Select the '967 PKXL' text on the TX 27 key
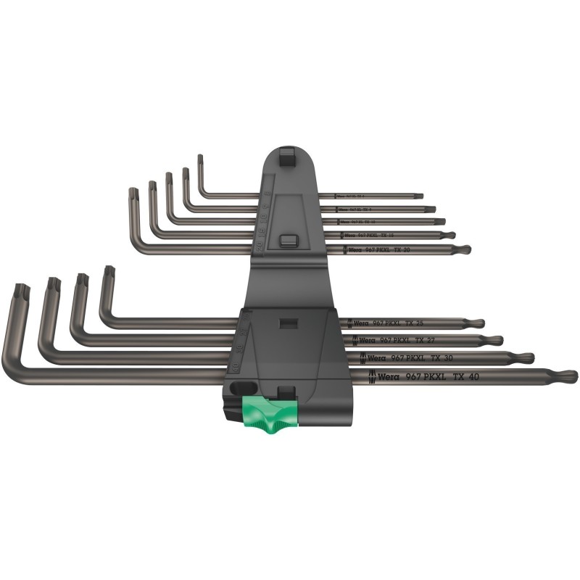402,340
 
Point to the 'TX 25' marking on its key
436,323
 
